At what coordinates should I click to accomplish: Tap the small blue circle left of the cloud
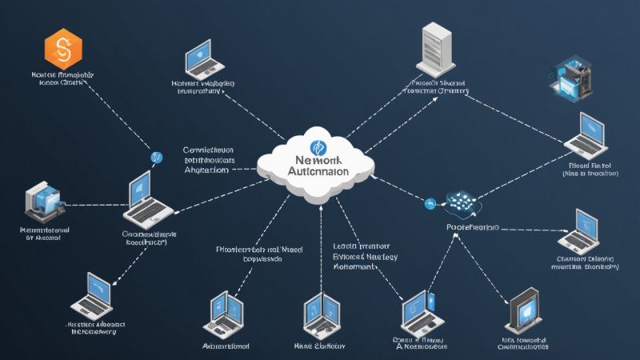[156, 158]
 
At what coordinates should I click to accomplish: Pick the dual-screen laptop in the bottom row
[222, 313]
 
